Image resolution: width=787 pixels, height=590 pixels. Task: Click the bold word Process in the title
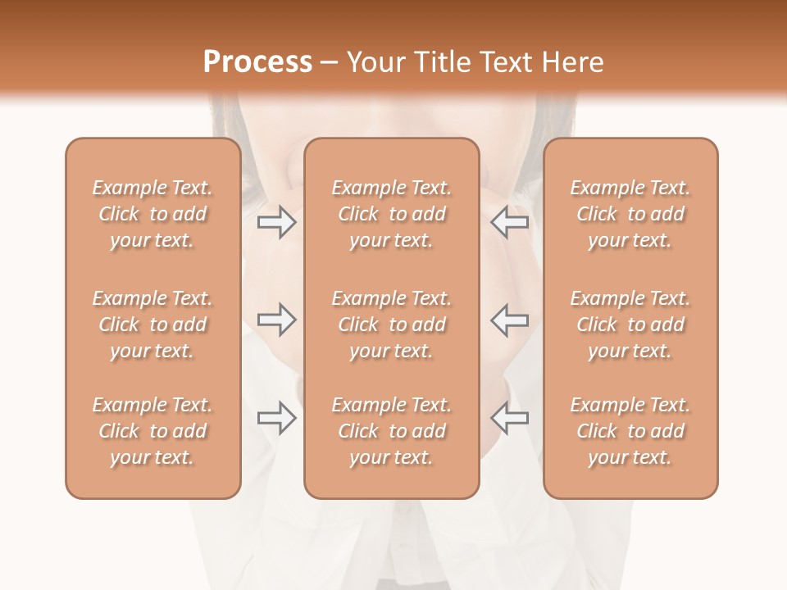click(257, 62)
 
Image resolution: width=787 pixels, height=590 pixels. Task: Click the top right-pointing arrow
click(277, 222)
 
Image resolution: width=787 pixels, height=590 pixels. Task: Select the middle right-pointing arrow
click(277, 320)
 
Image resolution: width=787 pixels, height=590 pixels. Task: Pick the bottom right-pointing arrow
click(277, 418)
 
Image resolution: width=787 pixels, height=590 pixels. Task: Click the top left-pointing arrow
click(510, 222)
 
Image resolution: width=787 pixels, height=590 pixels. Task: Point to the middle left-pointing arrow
click(510, 320)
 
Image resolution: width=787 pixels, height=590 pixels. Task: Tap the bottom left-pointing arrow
click(510, 418)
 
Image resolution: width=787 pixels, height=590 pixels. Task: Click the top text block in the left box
click(152, 214)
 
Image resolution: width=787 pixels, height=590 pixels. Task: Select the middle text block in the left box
click(152, 324)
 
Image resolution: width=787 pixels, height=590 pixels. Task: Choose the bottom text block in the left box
click(152, 431)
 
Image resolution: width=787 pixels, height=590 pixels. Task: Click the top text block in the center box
click(392, 214)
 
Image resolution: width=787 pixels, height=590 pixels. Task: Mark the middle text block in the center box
click(392, 324)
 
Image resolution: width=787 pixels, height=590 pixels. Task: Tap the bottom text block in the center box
click(392, 431)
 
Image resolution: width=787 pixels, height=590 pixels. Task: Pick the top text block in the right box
click(630, 214)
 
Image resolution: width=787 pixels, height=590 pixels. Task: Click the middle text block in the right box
click(630, 324)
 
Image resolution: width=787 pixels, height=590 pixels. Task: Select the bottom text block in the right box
click(630, 431)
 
